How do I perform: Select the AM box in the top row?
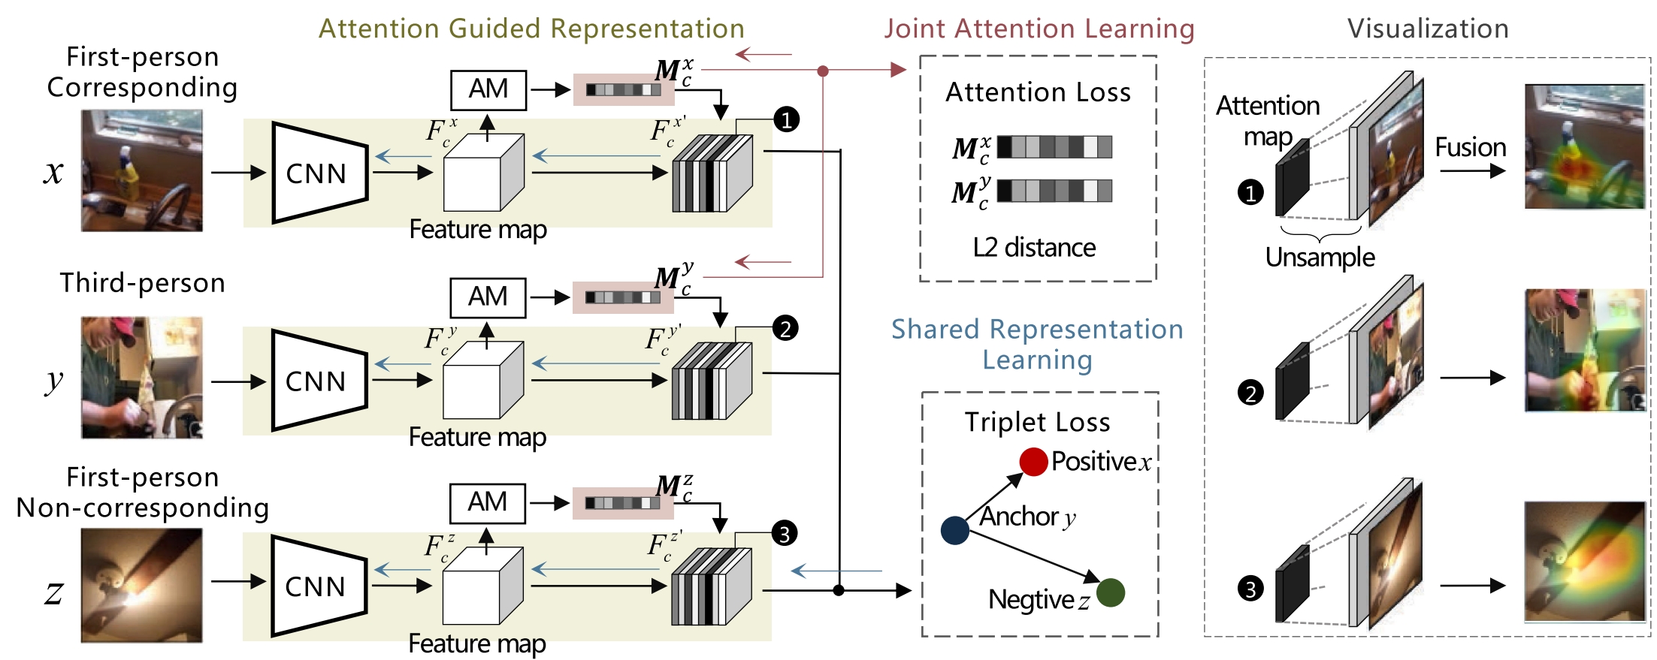click(488, 89)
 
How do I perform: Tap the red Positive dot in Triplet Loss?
click(1033, 461)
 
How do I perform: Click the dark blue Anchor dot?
click(954, 530)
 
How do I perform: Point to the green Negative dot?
click(1111, 592)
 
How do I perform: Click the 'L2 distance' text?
click(1034, 247)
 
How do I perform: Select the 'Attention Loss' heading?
click(1038, 92)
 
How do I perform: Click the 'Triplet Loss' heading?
click(1037, 422)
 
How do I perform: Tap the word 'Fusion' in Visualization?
click(1470, 147)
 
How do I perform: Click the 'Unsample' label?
click(1320, 257)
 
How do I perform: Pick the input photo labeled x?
click(142, 170)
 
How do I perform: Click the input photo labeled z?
click(142, 585)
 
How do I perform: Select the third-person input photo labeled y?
click(142, 378)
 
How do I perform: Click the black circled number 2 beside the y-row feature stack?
click(785, 328)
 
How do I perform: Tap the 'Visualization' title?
click(1428, 29)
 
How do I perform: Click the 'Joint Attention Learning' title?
click(1039, 29)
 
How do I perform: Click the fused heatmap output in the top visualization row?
click(1584, 147)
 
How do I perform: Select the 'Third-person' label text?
click(142, 283)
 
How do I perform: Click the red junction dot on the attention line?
click(823, 71)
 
